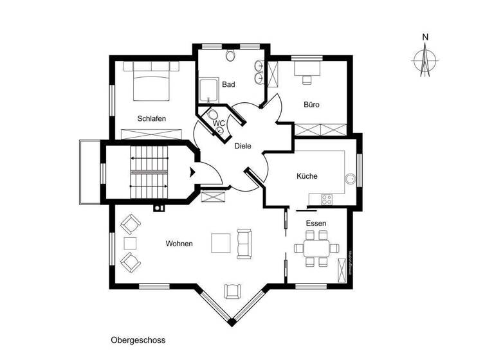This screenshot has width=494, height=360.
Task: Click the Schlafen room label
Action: tap(152, 119)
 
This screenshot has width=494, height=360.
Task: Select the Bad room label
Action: tap(228, 84)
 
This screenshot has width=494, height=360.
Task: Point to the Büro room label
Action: tap(312, 105)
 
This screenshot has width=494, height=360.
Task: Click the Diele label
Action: tap(242, 146)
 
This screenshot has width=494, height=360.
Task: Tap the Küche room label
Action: tap(307, 176)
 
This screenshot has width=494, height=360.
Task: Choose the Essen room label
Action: tap(315, 223)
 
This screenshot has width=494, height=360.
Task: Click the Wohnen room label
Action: tap(179, 244)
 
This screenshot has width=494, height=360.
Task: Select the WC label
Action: tap(219, 122)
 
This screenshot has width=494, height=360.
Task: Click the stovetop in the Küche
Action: tap(323, 198)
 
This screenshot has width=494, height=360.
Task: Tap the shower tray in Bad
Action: tap(207, 90)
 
